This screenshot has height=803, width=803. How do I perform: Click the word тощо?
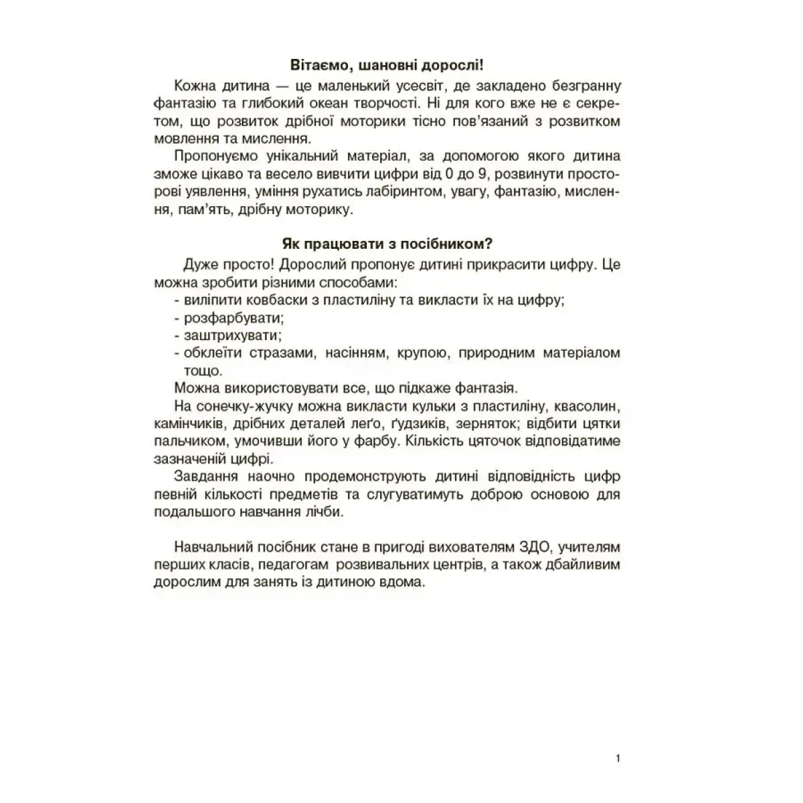(202, 370)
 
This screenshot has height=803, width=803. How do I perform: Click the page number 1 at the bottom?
(617, 758)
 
